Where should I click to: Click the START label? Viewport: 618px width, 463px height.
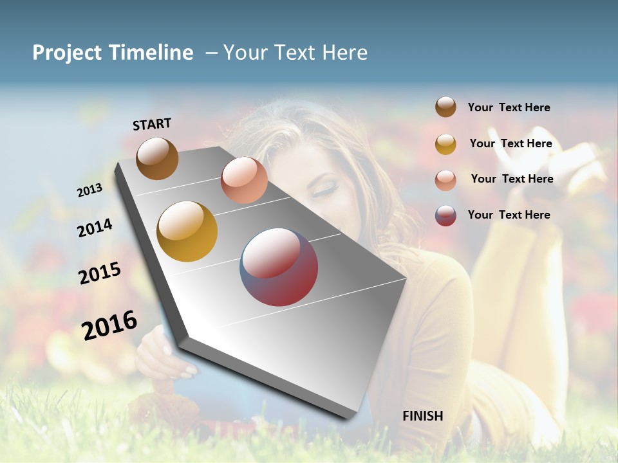152,124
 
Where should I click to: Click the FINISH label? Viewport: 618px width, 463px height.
422,416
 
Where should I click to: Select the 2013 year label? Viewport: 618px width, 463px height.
90,190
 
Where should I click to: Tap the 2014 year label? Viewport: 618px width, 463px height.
95,228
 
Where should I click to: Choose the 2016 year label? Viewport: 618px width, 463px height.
109,325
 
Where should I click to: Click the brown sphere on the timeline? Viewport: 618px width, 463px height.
157,158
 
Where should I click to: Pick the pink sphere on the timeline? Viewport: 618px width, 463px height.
244,180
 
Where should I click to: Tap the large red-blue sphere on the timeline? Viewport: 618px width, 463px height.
279,267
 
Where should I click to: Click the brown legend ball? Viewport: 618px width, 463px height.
445,107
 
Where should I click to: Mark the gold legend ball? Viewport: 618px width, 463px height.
445,144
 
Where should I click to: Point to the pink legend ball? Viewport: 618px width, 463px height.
445,180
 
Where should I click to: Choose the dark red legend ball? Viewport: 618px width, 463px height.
445,216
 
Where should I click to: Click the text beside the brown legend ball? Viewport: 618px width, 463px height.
509,108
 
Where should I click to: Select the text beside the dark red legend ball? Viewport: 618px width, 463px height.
509,215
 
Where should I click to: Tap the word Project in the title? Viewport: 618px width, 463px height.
68,53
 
